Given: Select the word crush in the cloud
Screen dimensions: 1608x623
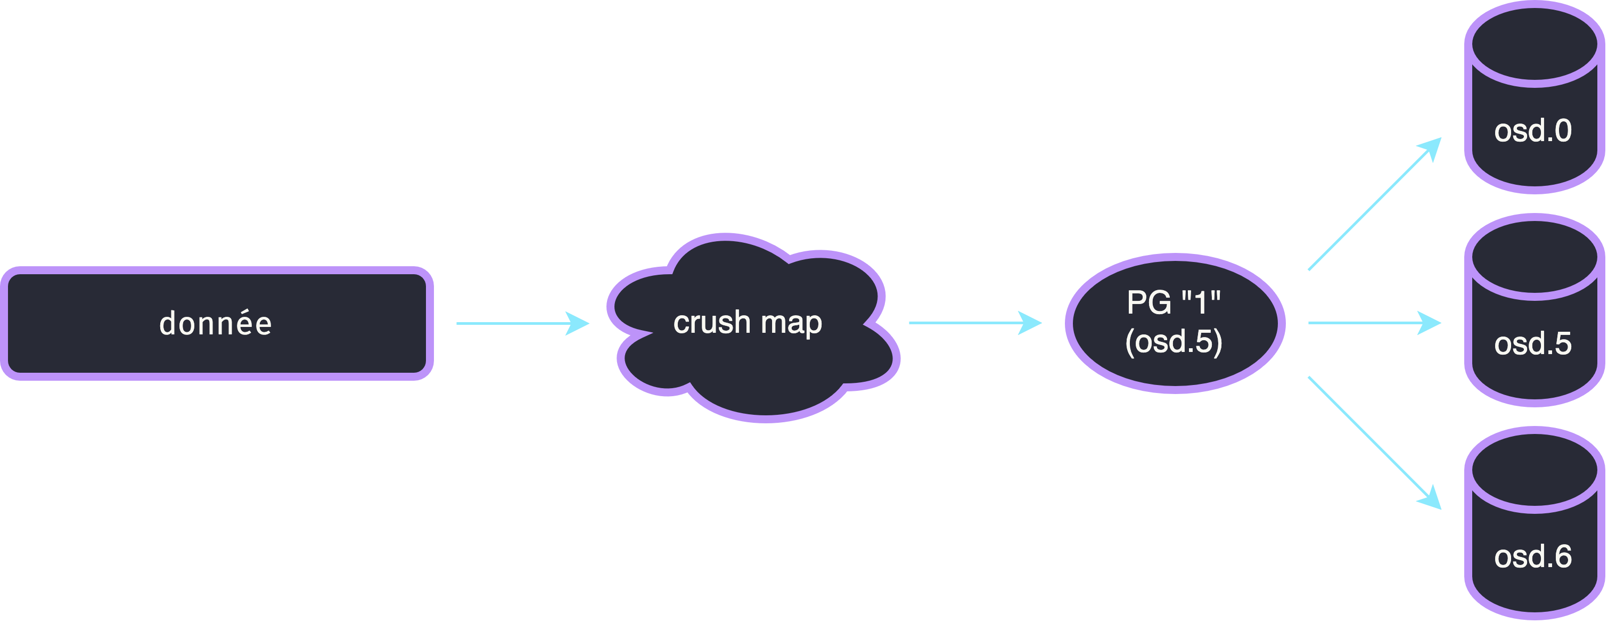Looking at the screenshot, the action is (711, 322).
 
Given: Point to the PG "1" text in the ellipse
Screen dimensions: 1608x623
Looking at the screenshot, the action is (1174, 303).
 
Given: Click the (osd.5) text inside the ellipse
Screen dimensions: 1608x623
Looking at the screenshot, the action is (1174, 341).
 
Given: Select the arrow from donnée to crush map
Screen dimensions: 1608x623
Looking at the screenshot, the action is (523, 323).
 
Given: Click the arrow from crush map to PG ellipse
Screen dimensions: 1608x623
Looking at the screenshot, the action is (975, 323).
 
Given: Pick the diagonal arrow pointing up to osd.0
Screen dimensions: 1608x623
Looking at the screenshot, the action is (1375, 203).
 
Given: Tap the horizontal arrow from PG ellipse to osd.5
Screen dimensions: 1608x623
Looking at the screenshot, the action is (1375, 323).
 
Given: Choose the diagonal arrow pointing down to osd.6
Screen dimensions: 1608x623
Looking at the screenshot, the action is (1375, 443).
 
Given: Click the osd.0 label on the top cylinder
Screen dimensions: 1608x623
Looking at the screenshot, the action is (1533, 131).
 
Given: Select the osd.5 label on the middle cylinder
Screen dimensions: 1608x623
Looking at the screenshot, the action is (1533, 344).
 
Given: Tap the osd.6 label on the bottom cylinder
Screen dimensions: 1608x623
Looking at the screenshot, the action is (1533, 557).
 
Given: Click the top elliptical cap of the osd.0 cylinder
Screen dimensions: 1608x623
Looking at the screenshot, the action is (1535, 44).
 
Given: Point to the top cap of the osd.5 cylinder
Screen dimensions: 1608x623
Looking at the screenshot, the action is (1535, 257).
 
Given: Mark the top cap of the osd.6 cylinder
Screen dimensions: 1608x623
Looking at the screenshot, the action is (1535, 470).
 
